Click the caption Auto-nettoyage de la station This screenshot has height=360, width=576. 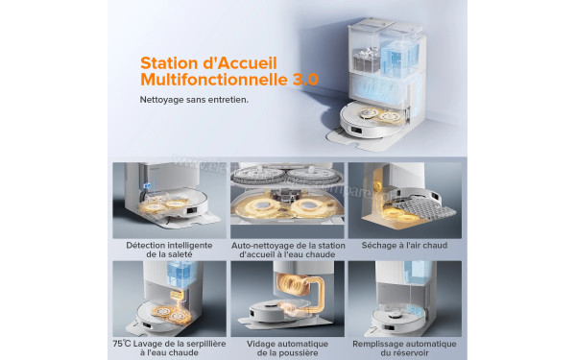(288, 244)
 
